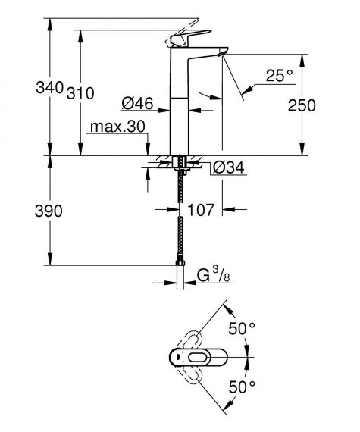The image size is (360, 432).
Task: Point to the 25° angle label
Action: [x=278, y=75]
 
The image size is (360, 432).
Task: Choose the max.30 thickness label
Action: [x=115, y=127]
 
